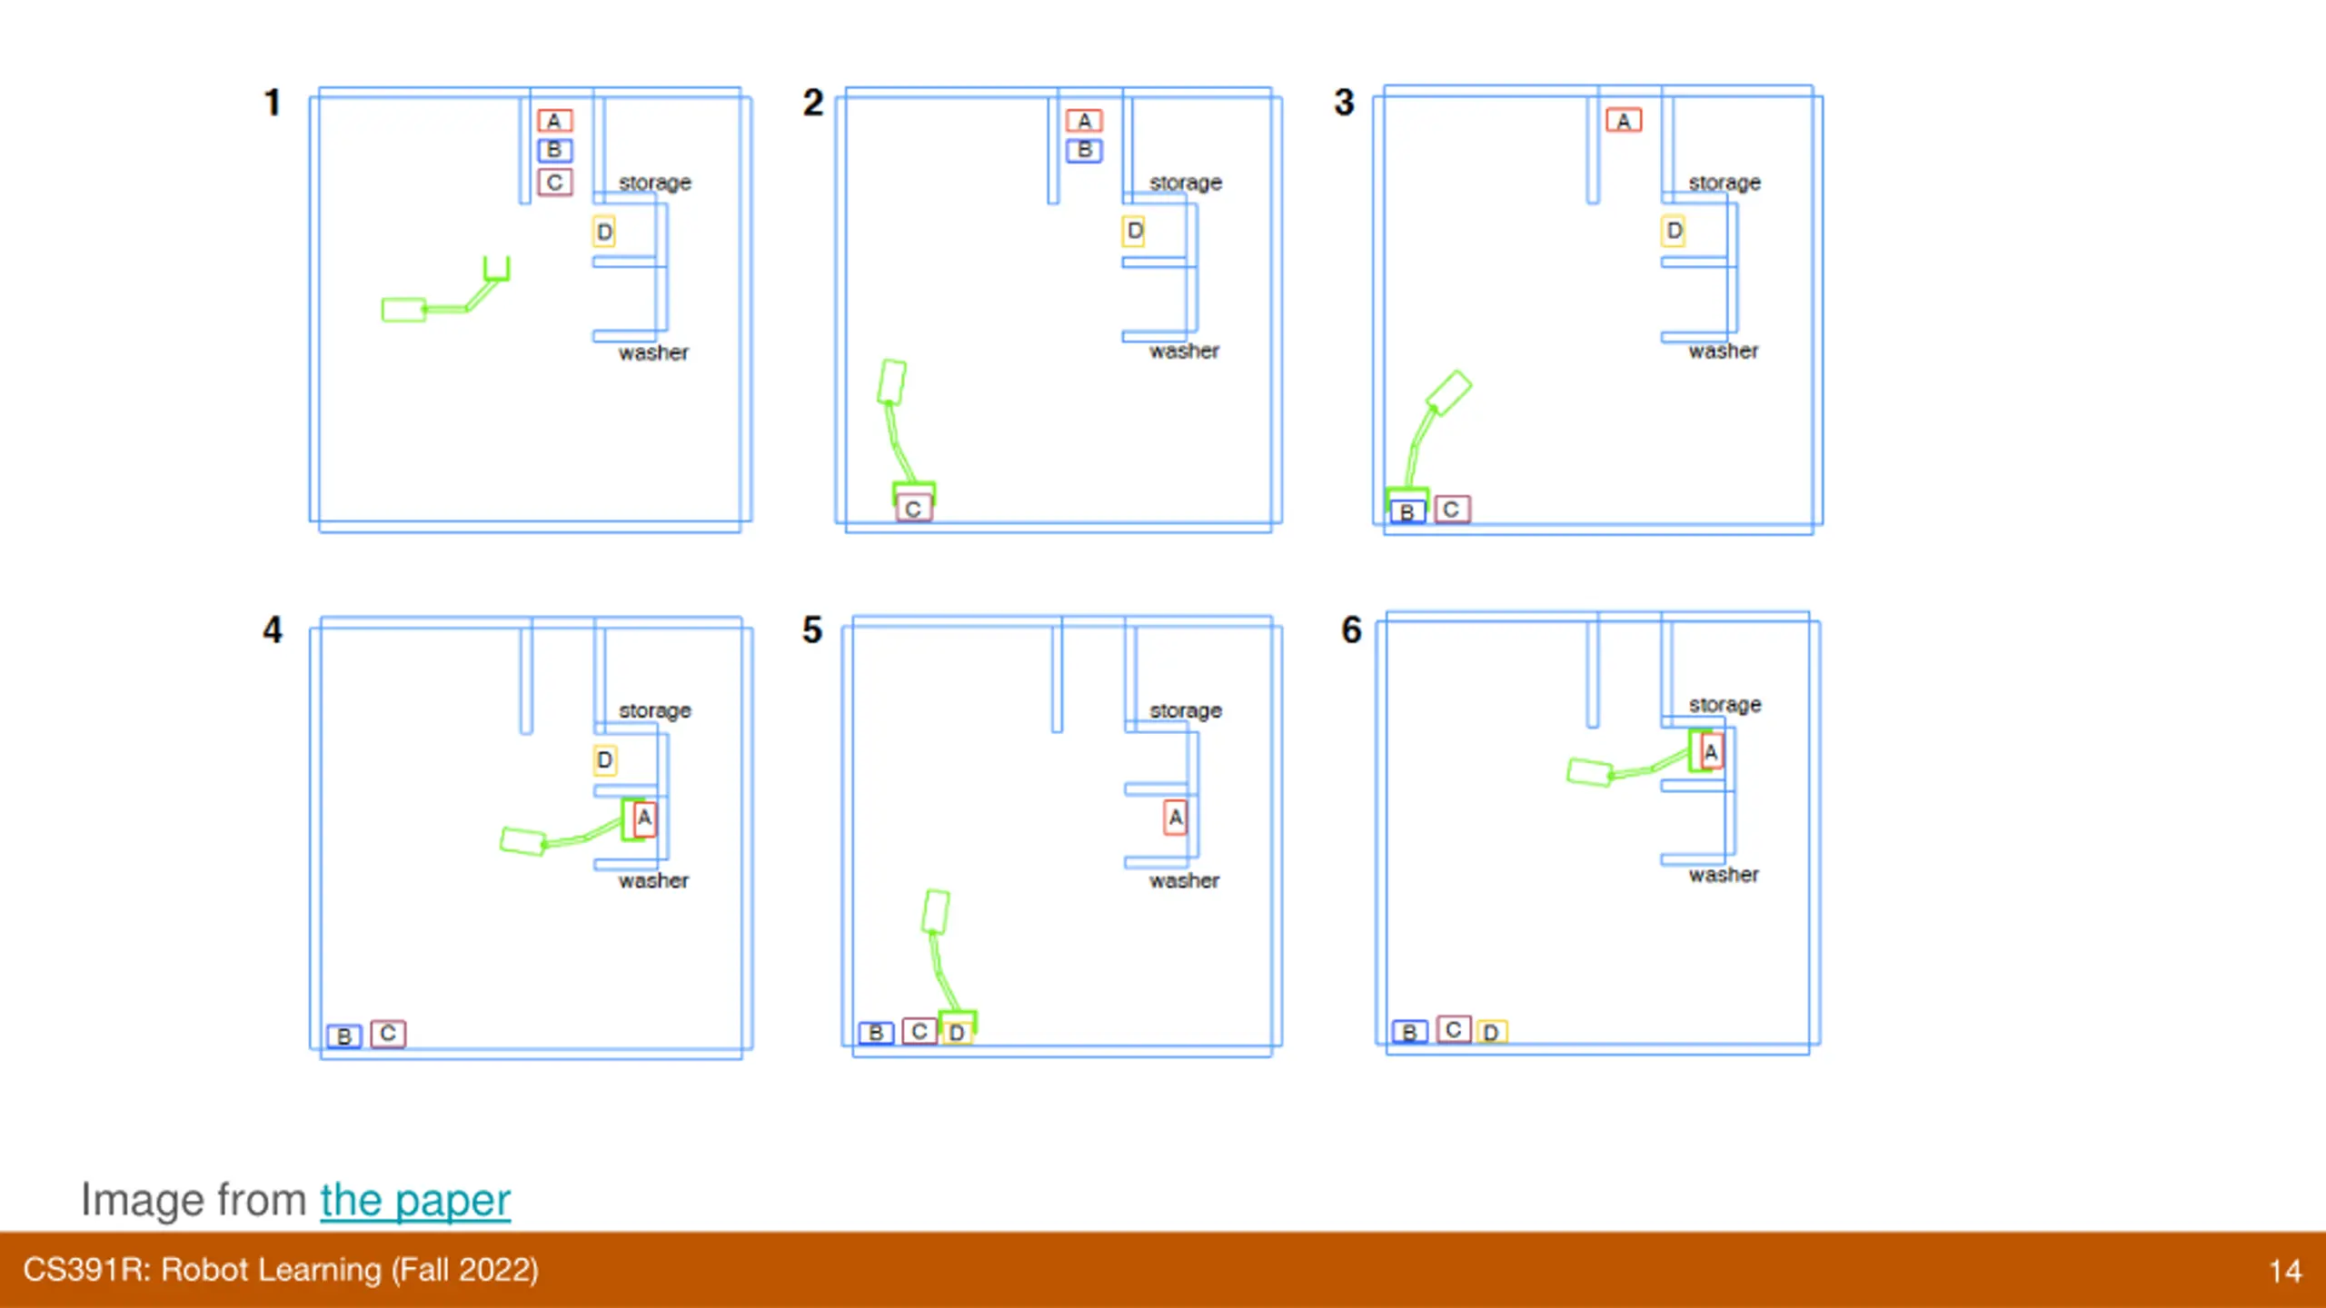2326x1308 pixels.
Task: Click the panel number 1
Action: click(x=272, y=103)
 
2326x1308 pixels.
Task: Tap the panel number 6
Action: click(x=1351, y=629)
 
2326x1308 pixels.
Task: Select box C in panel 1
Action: click(x=554, y=182)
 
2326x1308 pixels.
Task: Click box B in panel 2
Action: click(x=1084, y=150)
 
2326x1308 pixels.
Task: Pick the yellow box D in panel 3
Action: click(x=1674, y=231)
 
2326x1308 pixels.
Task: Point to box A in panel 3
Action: click(x=1624, y=121)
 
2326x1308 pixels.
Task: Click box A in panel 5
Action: click(x=1176, y=817)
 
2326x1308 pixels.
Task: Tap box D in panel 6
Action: click(x=1491, y=1032)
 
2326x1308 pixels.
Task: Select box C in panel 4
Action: click(x=388, y=1033)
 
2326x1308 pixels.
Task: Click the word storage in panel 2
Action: click(x=1185, y=183)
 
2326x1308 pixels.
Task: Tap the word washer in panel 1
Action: click(x=653, y=352)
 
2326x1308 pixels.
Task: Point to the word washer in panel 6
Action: click(x=1724, y=875)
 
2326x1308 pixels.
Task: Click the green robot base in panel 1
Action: click(x=403, y=310)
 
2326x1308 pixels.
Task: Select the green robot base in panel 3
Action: click(x=1448, y=392)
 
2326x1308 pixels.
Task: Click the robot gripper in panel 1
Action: click(x=496, y=269)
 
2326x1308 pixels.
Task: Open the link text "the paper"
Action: click(x=415, y=1200)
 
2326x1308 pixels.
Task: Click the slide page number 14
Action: click(x=2284, y=1270)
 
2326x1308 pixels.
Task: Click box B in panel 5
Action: click(x=876, y=1033)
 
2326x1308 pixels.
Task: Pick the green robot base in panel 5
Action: click(x=936, y=911)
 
